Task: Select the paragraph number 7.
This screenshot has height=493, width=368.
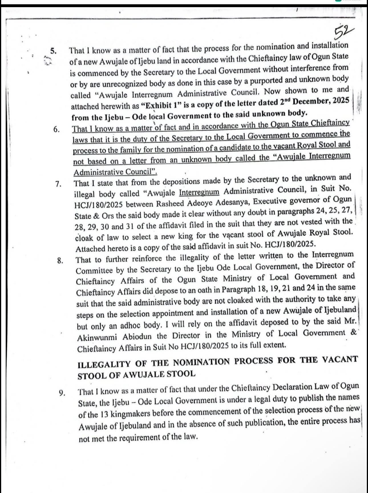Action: [x=58, y=184]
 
